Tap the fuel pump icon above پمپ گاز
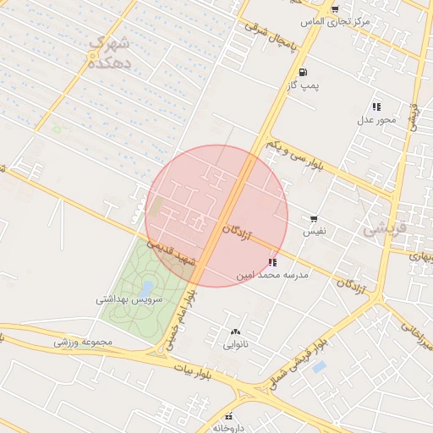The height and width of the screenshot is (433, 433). (303, 73)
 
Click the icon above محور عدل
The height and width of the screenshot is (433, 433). (375, 107)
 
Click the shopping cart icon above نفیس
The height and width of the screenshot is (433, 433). (315, 218)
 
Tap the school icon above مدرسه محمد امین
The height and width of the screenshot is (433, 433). (272, 263)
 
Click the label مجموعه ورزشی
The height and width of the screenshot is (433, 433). (83, 342)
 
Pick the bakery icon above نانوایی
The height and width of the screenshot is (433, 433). (235, 332)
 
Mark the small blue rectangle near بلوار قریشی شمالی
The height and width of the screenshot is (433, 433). (319, 367)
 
